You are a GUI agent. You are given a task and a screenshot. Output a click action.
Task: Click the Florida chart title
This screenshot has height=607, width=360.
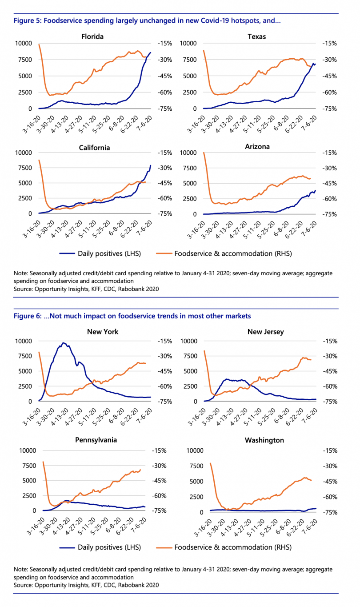(92, 36)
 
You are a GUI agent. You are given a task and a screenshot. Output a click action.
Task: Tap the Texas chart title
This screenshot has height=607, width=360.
(256, 36)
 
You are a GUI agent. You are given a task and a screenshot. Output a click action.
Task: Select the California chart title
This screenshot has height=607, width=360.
(94, 148)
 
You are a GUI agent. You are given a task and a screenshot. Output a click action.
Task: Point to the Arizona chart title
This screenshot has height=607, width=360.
(257, 147)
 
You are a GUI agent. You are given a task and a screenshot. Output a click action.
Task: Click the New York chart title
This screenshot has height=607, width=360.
(103, 332)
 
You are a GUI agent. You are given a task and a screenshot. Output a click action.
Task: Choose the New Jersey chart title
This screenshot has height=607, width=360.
(265, 332)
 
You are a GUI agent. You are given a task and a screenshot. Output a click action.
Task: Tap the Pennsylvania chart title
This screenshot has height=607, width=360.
(96, 440)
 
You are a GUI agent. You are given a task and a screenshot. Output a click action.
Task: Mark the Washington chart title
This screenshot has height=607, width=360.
(264, 440)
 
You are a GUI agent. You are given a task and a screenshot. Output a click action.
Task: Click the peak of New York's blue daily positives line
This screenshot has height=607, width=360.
(64, 343)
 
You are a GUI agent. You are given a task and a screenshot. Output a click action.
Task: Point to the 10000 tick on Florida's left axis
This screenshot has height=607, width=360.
(23, 44)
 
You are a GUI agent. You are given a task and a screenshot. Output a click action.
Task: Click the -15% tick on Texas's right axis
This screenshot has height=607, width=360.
(329, 44)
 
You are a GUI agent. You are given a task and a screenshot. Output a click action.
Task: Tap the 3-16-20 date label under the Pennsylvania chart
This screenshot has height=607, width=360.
(36, 526)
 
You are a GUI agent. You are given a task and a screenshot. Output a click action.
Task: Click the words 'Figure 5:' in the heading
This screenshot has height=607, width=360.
(28, 20)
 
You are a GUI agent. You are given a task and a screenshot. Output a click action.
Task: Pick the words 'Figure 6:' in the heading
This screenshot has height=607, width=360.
(28, 316)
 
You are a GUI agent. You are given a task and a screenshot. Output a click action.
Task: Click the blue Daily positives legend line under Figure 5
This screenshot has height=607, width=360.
(67, 253)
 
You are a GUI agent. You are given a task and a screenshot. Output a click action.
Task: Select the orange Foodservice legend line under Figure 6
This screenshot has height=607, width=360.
(164, 547)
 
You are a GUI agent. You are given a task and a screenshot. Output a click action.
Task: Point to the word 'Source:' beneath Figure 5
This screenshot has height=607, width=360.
(23, 289)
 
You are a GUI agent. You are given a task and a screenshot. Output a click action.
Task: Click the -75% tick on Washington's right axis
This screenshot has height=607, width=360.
(330, 512)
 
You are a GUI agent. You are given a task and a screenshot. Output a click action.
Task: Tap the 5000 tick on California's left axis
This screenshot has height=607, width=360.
(25, 183)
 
